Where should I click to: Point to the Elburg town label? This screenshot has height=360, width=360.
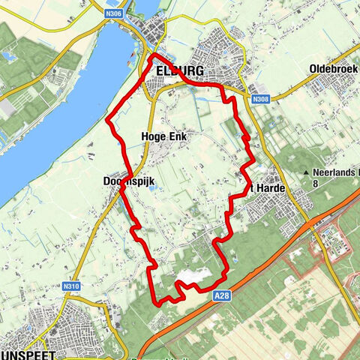click(181, 71)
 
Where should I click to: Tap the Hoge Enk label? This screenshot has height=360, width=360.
click(162, 136)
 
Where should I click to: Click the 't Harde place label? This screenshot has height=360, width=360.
click(269, 188)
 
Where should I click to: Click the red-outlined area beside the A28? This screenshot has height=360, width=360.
click(315, 247)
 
